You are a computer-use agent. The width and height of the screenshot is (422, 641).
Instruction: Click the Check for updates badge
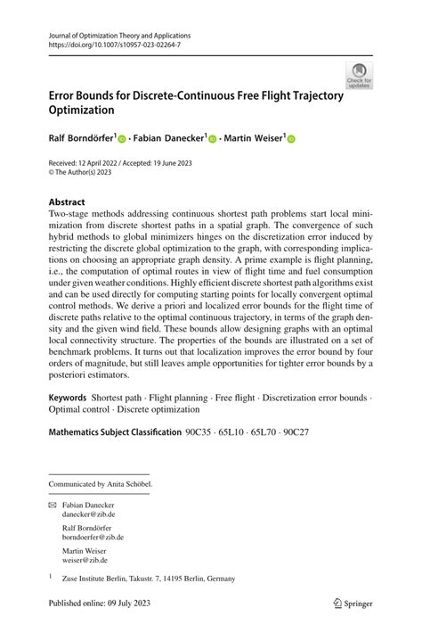[x=361, y=76]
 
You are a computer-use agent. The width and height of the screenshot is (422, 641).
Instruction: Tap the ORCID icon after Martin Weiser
[x=290, y=139]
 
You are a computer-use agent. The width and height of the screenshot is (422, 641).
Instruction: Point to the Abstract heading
[x=68, y=202]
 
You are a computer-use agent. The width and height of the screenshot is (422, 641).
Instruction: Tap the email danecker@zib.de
[x=88, y=514]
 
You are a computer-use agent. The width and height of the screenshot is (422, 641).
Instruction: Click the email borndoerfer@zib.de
[x=93, y=538]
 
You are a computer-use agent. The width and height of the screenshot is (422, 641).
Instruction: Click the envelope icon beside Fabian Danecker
[x=53, y=505]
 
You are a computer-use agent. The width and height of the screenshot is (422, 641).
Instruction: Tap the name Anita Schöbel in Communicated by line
[x=127, y=484]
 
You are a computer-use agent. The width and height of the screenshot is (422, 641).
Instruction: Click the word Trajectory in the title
[x=305, y=95]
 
